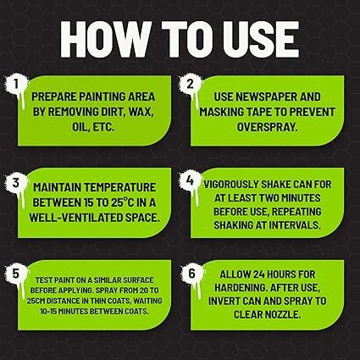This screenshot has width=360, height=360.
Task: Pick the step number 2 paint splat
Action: click(x=191, y=86)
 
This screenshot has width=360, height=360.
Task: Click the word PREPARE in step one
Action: click(x=54, y=97)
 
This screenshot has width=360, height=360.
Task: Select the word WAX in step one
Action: click(x=141, y=112)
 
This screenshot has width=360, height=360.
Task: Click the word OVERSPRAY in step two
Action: click(x=267, y=127)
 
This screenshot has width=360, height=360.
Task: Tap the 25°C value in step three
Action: click(x=125, y=202)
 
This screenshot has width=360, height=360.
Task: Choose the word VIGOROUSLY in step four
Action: click(x=231, y=185)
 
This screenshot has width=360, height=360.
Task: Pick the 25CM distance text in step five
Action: click(x=36, y=301)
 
